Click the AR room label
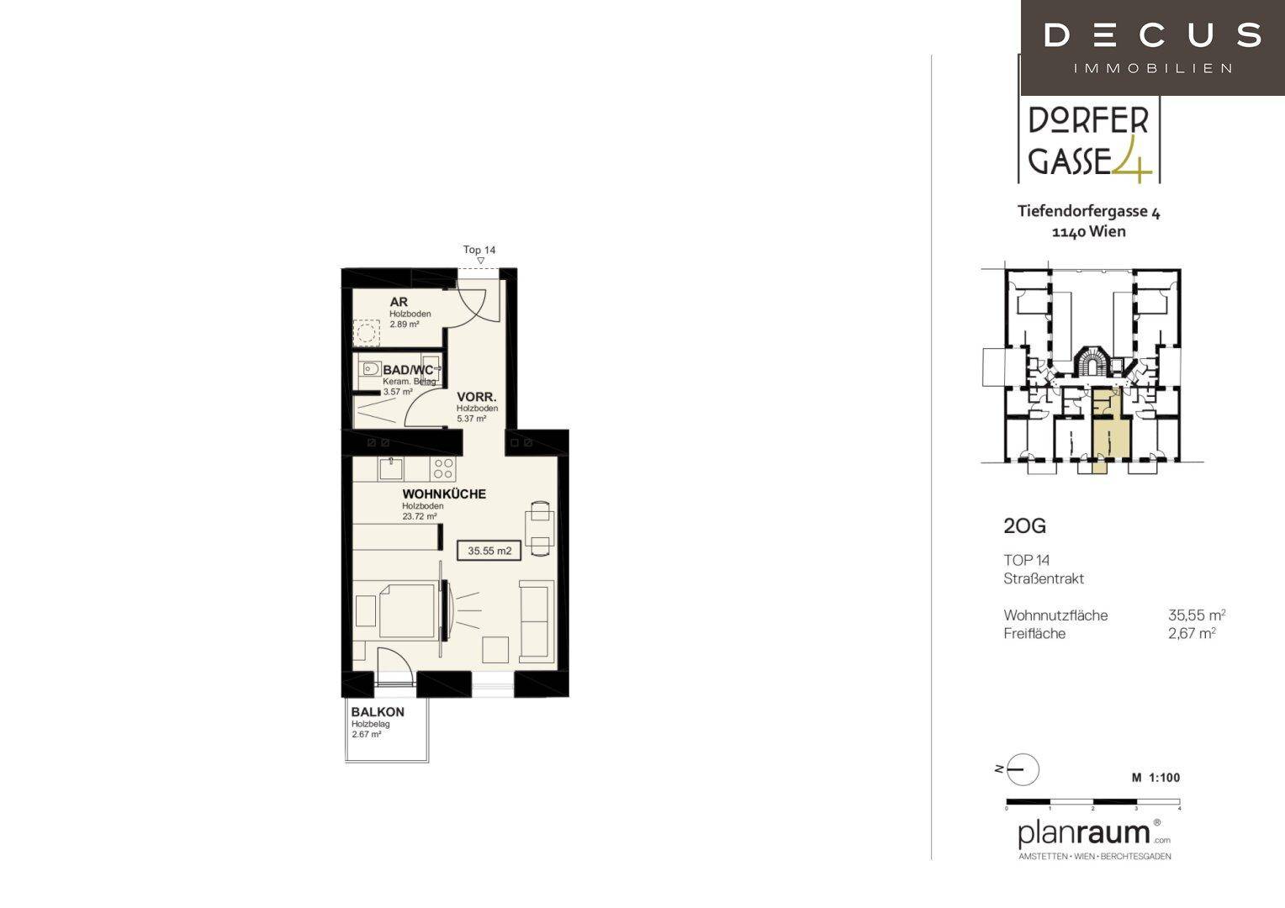pos(399,303)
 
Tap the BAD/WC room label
pos(408,371)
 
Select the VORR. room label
pos(477,397)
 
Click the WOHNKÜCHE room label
pos(444,494)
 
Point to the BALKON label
pos(378,712)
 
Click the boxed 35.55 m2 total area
pos(489,551)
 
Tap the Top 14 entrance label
pos(479,250)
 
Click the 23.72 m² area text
pos(420,516)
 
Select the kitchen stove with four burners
pos(443,468)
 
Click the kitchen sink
pos(391,468)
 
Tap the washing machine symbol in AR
pos(366,332)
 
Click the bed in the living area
pos(407,611)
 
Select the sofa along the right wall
pos(537,622)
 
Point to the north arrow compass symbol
pos(1023,769)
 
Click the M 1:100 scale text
pos(1155,778)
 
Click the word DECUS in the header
pos(1152,35)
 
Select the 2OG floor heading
pos(1024,526)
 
